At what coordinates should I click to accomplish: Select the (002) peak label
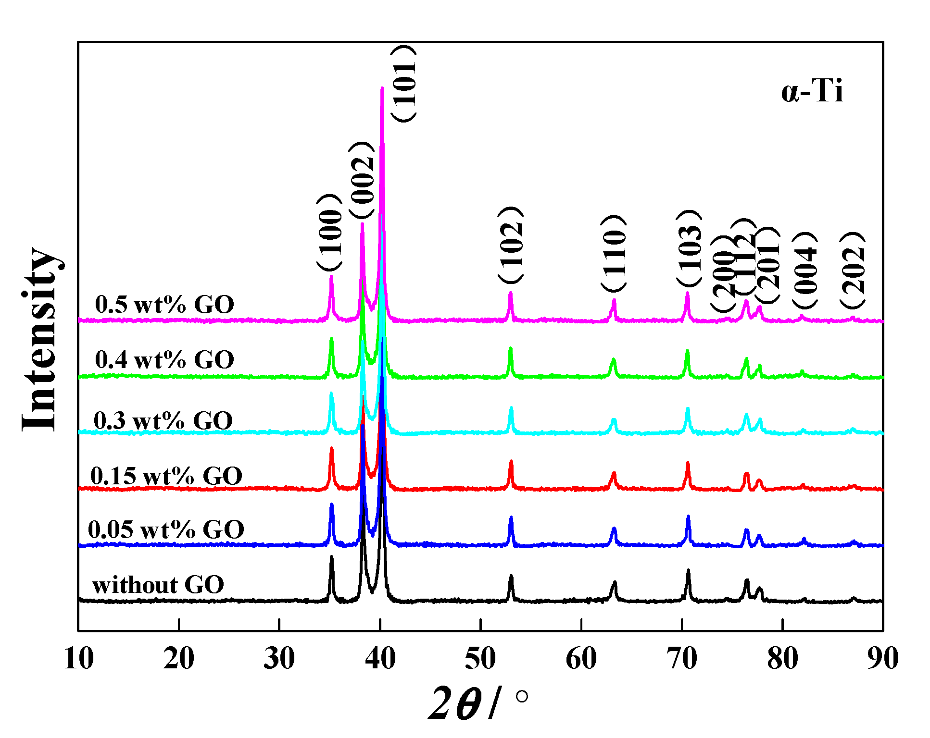coord(362,180)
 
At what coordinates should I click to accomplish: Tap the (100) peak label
coord(330,233)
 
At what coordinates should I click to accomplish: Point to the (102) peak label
coord(511,245)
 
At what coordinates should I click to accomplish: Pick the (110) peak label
coord(614,253)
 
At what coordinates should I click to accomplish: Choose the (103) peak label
coord(690,248)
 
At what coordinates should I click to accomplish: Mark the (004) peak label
coord(804,271)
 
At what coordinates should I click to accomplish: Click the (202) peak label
coord(853,271)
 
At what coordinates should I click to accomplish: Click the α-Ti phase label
coord(812,91)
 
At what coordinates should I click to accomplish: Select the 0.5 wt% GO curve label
coord(164,305)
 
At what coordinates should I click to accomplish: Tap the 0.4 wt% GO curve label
coord(164,360)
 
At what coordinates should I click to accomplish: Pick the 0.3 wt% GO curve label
coord(163,421)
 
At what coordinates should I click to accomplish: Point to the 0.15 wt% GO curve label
coord(166,476)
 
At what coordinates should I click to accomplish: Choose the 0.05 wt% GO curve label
coord(166,530)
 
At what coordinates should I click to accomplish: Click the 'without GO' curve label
coord(158,585)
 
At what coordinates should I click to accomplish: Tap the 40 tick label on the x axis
coord(380,659)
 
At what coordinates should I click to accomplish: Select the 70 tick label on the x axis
coord(682,659)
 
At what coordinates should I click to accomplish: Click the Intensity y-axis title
coord(40,339)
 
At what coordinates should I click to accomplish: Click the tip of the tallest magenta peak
coord(382,88)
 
